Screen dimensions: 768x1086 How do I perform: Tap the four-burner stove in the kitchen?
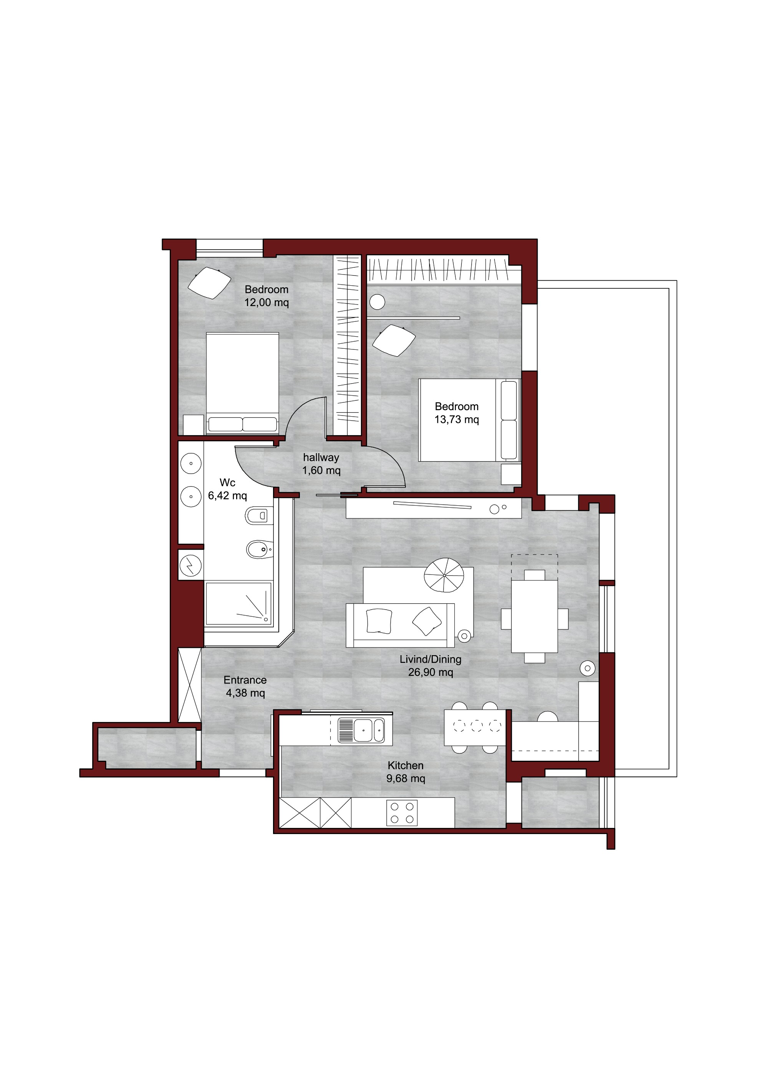[x=402, y=813]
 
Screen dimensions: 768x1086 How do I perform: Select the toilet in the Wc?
[x=259, y=516]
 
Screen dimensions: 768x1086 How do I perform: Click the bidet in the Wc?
[x=260, y=549]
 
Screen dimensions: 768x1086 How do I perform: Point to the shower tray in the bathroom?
[x=238, y=604]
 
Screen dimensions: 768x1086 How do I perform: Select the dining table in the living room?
[x=535, y=616]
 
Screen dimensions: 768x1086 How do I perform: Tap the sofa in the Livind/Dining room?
[x=400, y=625]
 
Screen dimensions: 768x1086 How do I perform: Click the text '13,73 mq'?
[x=457, y=420]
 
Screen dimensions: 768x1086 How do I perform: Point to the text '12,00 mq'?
[x=266, y=303]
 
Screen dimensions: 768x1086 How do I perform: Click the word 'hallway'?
[x=321, y=457]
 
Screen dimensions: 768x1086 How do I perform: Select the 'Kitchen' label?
[x=405, y=765]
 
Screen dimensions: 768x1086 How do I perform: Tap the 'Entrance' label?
[x=245, y=680]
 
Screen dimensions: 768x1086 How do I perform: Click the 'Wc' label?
[x=227, y=482]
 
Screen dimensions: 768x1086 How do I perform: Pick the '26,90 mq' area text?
[x=430, y=672]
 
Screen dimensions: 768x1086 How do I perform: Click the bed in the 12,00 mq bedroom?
[x=242, y=383]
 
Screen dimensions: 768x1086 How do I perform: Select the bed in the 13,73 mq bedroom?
[x=470, y=420]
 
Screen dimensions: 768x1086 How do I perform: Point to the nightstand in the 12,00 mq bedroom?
[x=194, y=425]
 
